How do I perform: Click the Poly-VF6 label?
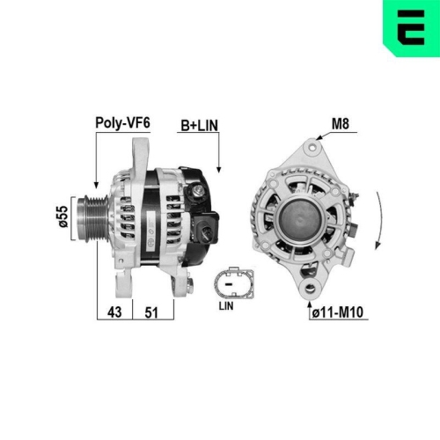(121, 124)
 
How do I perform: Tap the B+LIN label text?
(199, 124)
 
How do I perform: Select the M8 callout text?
(340, 124)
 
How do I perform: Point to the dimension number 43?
(114, 311)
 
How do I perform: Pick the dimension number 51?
(150, 311)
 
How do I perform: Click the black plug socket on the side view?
(209, 231)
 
